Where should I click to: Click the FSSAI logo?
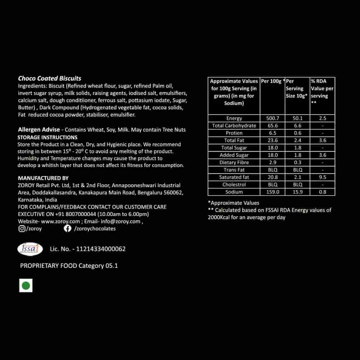click(30, 249)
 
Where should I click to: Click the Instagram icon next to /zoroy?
click(22, 229)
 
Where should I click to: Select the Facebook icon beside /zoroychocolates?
click(67, 229)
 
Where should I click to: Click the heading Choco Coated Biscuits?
click(50, 78)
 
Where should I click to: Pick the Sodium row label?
click(234, 192)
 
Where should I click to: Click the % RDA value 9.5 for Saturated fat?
click(323, 177)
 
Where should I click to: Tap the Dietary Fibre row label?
click(234, 162)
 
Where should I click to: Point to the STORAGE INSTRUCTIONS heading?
click(48, 138)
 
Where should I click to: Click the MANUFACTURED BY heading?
click(43, 178)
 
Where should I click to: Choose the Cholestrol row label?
click(234, 184)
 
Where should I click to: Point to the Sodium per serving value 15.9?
click(298, 192)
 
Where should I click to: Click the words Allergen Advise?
click(39, 130)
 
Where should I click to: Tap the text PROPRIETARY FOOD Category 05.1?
click(69, 266)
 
